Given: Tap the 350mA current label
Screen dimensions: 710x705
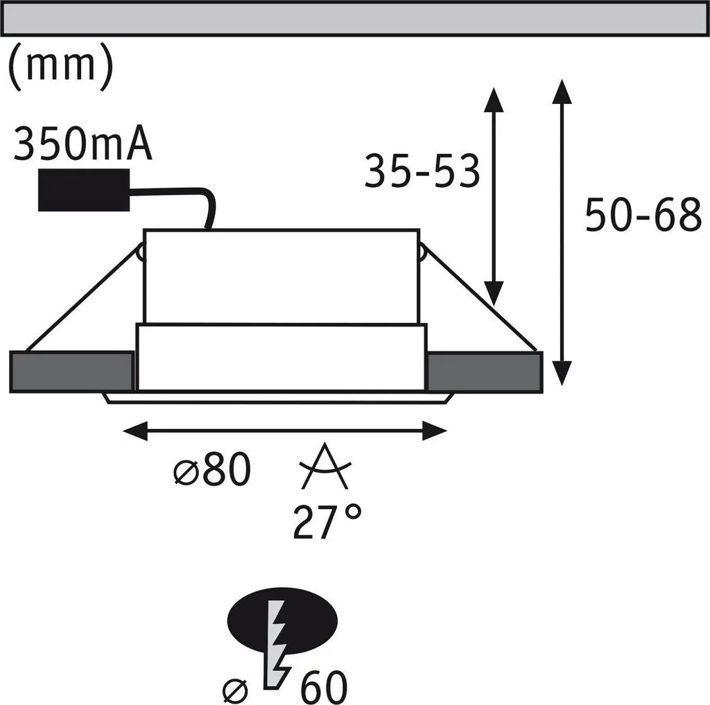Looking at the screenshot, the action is point(83,143).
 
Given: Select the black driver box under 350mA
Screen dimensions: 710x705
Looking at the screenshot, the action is point(84,190).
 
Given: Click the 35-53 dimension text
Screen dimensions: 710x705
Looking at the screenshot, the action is point(422,171).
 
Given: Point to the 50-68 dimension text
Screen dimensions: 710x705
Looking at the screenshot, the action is point(643,215).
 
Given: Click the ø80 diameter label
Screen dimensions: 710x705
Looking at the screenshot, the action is point(212,469).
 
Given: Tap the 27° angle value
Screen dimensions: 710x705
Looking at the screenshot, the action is point(327,521).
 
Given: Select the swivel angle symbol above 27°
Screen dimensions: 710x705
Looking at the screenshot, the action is point(325,467).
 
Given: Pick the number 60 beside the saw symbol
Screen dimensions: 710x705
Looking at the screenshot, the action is point(324,686).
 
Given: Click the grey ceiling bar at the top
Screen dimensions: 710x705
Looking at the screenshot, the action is point(354,18).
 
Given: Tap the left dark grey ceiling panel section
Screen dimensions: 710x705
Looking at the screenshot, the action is point(71,372).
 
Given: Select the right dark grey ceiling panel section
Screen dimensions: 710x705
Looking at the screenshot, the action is point(485,372).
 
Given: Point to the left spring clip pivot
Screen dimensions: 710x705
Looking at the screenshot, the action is point(141,252).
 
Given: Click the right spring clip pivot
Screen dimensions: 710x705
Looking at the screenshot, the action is point(422,252).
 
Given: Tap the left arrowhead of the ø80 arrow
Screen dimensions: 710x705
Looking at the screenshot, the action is point(135,430).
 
